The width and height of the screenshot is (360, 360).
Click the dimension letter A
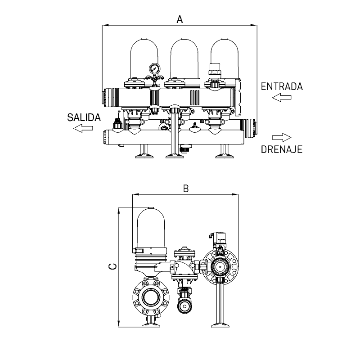[180, 19]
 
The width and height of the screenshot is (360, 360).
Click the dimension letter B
[186, 189]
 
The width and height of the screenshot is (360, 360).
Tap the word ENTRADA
[282, 86]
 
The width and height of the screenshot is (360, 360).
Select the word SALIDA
[84, 117]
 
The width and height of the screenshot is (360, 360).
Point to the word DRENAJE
[282, 149]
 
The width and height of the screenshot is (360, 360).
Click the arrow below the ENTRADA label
[282, 98]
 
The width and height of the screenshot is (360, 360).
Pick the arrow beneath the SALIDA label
[83, 128]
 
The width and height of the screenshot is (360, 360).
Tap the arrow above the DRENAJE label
[282, 138]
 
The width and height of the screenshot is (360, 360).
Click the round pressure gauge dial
[154, 69]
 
